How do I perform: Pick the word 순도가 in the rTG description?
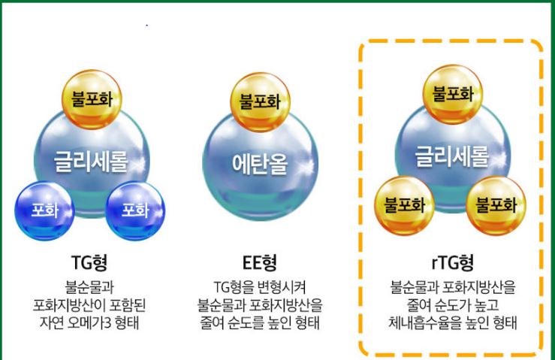[446, 304]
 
